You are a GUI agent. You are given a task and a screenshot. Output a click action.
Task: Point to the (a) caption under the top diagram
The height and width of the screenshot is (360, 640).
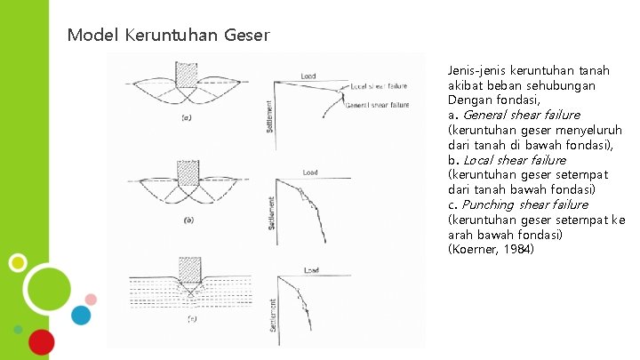tap(188, 117)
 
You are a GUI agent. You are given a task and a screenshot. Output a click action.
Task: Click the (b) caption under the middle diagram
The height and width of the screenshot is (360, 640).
tap(188, 219)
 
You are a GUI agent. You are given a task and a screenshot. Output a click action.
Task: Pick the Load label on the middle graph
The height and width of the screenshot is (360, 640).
tap(310, 172)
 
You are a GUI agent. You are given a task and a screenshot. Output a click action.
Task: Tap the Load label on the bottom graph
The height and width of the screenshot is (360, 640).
tap(310, 269)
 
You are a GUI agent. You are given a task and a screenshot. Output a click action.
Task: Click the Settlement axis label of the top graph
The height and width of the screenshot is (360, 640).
tap(269, 116)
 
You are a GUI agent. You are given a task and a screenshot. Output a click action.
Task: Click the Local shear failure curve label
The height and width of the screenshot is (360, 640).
tap(379, 86)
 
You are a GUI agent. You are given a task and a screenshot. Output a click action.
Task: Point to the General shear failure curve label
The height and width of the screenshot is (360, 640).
tap(378, 105)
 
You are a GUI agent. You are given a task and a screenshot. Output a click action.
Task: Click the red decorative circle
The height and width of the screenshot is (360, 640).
tap(40, 341)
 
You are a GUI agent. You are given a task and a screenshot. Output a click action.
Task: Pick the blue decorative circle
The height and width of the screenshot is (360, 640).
tap(82, 315)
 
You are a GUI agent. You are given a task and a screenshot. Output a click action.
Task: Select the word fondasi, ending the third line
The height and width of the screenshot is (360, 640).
tap(518, 100)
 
